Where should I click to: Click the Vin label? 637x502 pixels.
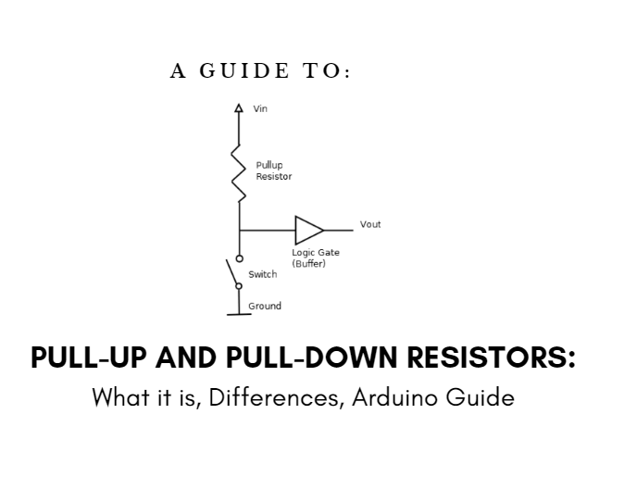tap(260, 109)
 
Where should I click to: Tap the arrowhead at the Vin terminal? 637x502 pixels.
tap(240, 107)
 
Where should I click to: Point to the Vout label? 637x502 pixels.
tap(370, 224)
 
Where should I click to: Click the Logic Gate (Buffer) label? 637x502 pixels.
tap(316, 257)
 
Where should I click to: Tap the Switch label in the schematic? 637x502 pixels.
tap(262, 274)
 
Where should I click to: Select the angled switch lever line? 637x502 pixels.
tap(233, 272)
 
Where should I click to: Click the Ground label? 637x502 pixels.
tap(264, 306)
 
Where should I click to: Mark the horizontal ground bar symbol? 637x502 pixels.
tap(239, 314)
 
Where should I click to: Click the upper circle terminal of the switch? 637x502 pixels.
tap(240, 257)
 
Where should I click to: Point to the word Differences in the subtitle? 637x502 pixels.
tap(275, 399)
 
